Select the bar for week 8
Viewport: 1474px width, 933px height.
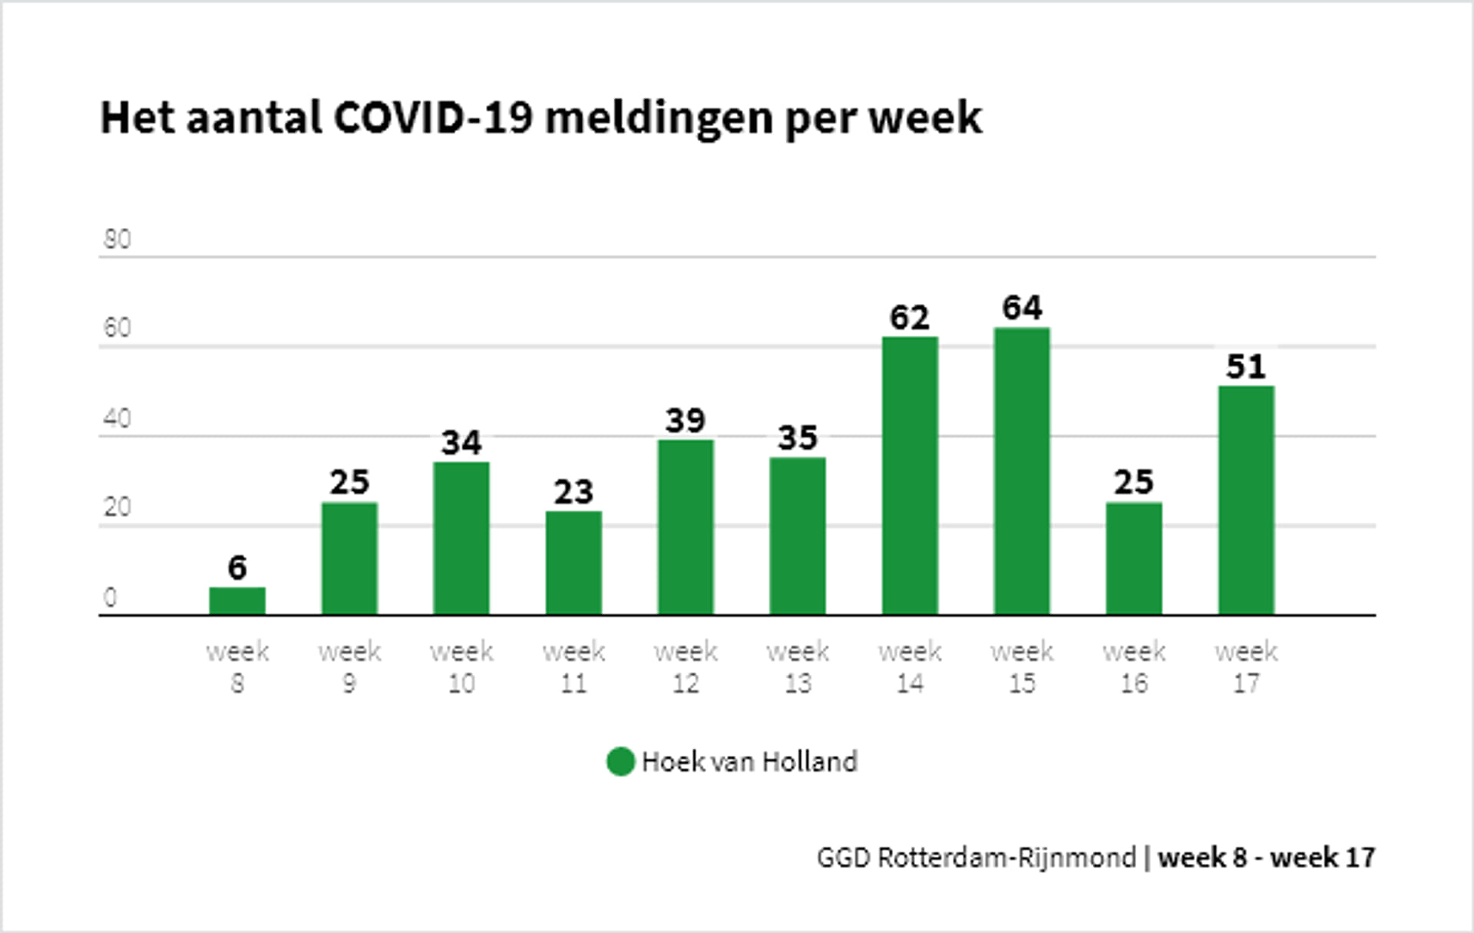pyautogui.click(x=237, y=601)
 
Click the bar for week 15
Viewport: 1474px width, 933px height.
pyautogui.click(x=1022, y=471)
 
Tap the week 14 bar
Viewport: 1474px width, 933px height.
pyautogui.click(x=910, y=476)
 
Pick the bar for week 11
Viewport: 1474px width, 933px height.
pyautogui.click(x=573, y=563)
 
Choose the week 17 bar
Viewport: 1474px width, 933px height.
pyautogui.click(x=1246, y=500)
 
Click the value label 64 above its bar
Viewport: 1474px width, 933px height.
pyautogui.click(x=1022, y=308)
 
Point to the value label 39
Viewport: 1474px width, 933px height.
pyautogui.click(x=686, y=420)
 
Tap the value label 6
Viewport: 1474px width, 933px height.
pyautogui.click(x=237, y=568)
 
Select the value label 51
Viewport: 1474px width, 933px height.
pyautogui.click(x=1246, y=367)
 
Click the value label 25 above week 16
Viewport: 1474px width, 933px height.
pyautogui.click(x=1134, y=483)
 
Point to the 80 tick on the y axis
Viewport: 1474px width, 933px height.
pyautogui.click(x=117, y=239)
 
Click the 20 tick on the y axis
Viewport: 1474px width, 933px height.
pyautogui.click(x=117, y=507)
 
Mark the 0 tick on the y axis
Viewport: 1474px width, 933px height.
pyautogui.click(x=110, y=598)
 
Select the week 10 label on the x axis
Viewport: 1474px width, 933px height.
pyautogui.click(x=461, y=667)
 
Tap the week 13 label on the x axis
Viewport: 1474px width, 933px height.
pyautogui.click(x=798, y=667)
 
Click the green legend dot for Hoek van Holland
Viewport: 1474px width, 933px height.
pyautogui.click(x=620, y=762)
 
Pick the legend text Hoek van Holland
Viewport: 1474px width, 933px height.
pyautogui.click(x=749, y=762)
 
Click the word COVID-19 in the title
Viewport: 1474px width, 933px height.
pyautogui.click(x=433, y=118)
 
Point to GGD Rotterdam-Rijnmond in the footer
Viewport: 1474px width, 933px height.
pyautogui.click(x=976, y=857)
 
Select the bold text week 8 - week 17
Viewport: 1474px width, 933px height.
pyautogui.click(x=1266, y=857)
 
